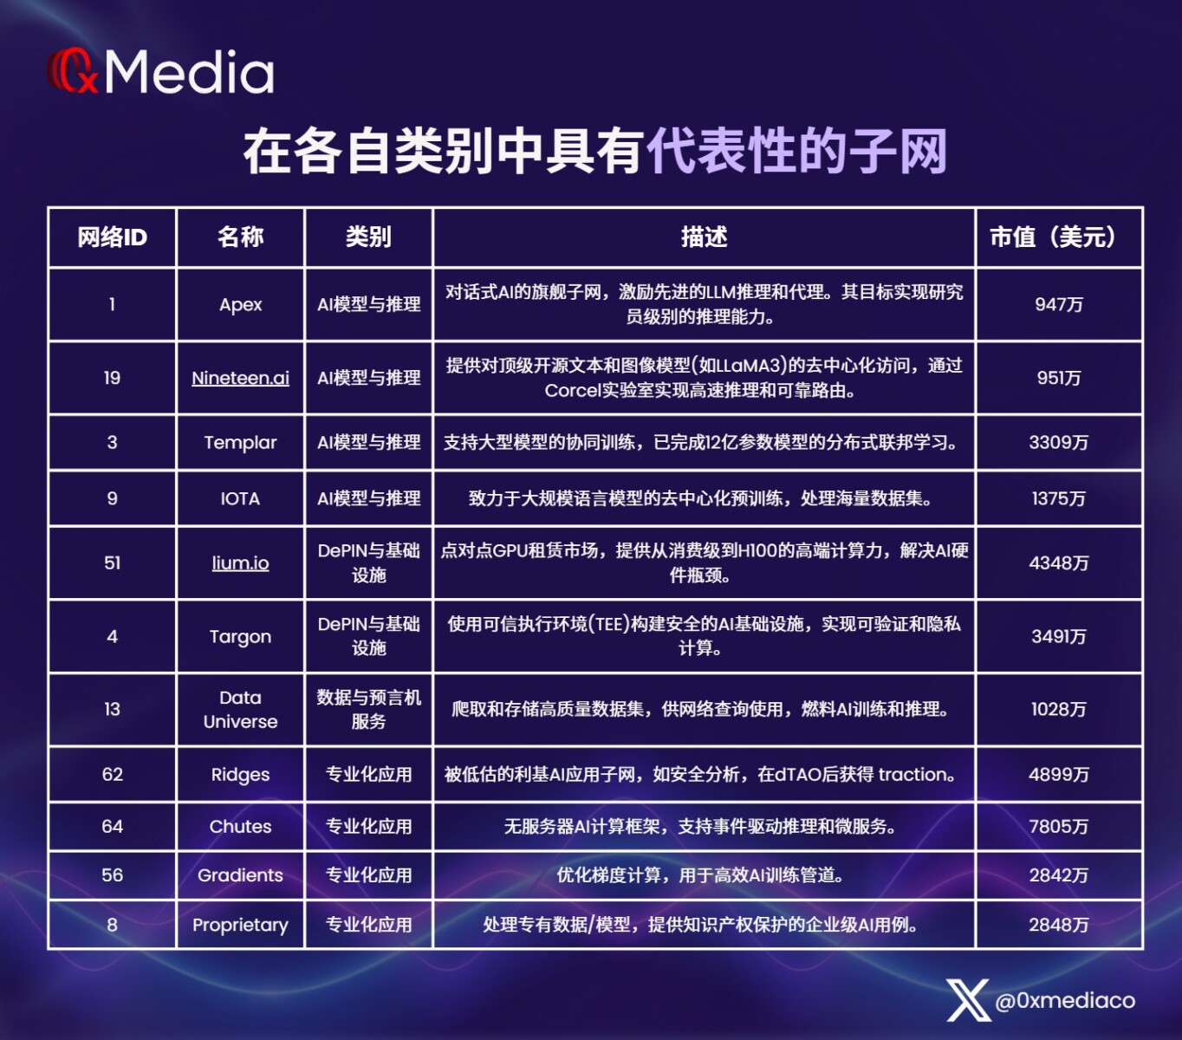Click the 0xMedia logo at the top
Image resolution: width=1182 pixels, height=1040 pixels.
[160, 72]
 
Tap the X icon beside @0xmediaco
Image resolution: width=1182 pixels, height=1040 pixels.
[969, 1000]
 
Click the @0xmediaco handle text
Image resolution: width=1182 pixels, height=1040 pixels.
[1065, 1000]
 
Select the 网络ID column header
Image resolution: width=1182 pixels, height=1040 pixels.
[112, 237]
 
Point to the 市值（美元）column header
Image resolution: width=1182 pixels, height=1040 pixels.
[1058, 237]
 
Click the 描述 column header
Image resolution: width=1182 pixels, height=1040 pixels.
[705, 237]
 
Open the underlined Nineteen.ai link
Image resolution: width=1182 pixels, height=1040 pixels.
[240, 378]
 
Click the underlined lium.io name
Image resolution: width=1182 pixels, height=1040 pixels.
[240, 562]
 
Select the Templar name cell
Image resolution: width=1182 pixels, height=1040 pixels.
[240, 442]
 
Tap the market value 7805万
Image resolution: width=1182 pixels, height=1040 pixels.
[1058, 827]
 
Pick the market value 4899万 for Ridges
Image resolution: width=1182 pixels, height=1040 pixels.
[1058, 774]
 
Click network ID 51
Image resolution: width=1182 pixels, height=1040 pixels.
[112, 562]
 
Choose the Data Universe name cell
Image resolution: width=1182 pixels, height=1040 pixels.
[240, 709]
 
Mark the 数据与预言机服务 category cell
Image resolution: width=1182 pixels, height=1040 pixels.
[368, 709]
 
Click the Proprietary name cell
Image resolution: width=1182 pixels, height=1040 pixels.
[240, 925]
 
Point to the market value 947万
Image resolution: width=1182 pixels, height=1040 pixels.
[1058, 304]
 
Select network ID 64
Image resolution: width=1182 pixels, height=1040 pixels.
[112, 827]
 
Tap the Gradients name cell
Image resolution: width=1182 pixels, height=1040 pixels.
[240, 874]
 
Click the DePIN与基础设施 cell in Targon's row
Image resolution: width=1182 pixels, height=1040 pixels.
[368, 635]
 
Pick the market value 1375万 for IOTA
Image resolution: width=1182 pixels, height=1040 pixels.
[1058, 498]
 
